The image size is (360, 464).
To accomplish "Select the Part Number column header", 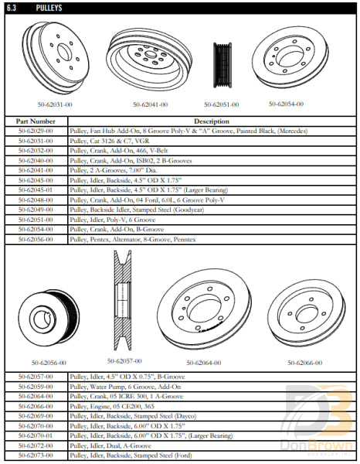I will click(x=36, y=121).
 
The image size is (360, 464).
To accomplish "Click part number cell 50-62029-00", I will click(x=36, y=131).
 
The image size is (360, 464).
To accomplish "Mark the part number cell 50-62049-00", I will click(x=36, y=209).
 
